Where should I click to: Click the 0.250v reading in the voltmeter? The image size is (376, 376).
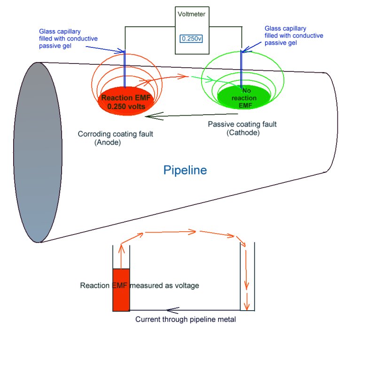[x=191, y=38]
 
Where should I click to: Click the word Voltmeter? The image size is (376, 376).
[x=191, y=14]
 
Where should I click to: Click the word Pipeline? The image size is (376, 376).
[x=185, y=170]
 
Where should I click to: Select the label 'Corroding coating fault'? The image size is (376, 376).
[x=115, y=134]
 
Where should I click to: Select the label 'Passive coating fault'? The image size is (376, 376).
[x=242, y=125]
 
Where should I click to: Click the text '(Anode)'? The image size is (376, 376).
[x=107, y=142]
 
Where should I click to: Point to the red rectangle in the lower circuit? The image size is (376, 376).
[x=121, y=290]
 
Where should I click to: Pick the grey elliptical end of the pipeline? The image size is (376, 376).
[x=38, y=152]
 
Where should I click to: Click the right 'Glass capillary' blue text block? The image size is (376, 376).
[x=294, y=35]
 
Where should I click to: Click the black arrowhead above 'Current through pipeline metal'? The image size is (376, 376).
[x=172, y=310]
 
